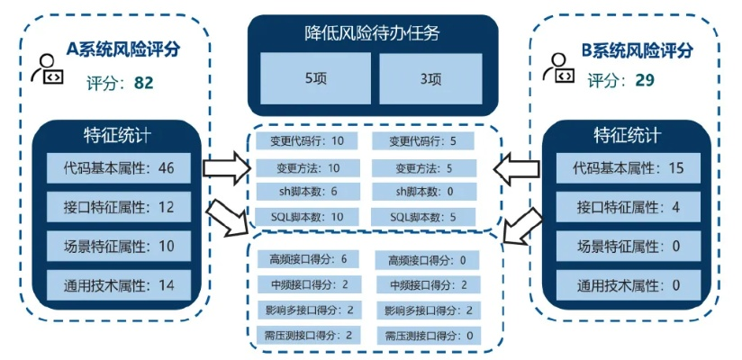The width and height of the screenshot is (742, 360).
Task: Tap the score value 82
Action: (143, 83)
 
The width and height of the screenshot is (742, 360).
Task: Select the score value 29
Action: (644, 80)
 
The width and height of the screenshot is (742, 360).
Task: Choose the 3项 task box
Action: (430, 78)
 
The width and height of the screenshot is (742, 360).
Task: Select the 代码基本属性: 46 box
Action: (119, 167)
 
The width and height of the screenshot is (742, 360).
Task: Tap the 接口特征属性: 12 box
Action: (119, 207)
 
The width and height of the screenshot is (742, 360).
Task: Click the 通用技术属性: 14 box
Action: (119, 286)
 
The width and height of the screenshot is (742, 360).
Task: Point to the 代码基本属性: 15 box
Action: (627, 167)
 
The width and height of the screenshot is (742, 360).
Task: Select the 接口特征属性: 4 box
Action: (627, 207)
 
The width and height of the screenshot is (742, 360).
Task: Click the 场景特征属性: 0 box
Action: (627, 247)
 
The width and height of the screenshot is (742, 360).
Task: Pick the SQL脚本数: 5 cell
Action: (424, 217)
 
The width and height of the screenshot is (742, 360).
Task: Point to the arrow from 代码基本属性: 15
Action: (517, 167)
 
